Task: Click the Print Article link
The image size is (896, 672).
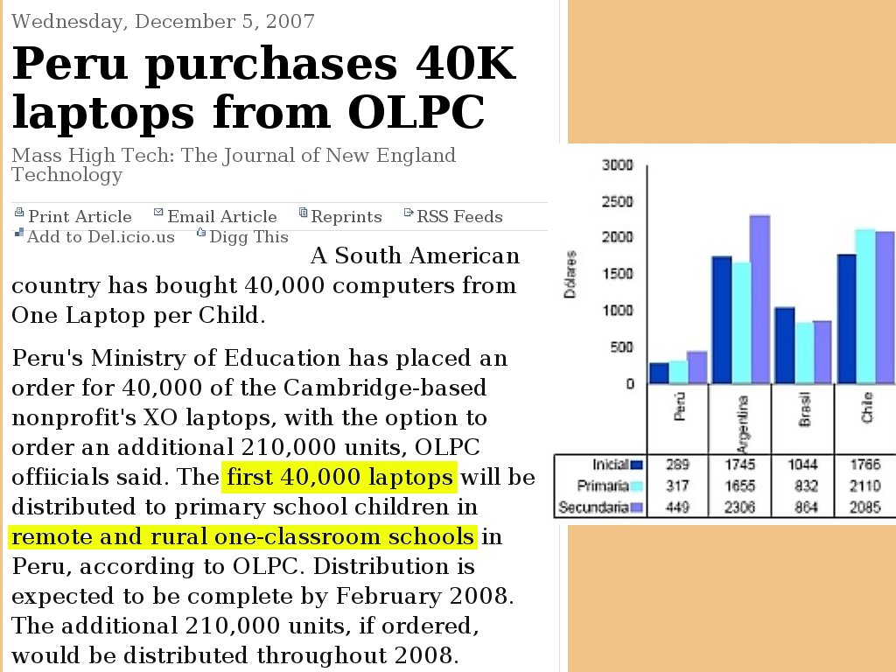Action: (73, 217)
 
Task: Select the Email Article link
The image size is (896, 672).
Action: (215, 217)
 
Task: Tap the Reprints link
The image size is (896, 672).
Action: (340, 217)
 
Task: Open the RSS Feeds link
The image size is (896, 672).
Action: (453, 217)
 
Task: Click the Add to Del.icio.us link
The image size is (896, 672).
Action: (94, 236)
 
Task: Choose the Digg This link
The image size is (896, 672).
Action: (242, 236)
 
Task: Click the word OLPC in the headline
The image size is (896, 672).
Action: (416, 112)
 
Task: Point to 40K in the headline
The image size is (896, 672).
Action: (465, 63)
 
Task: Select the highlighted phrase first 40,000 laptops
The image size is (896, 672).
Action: (339, 477)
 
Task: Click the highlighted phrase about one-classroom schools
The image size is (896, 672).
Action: (242, 536)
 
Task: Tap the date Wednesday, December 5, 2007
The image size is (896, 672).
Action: (163, 22)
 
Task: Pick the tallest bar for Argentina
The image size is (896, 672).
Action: (760, 299)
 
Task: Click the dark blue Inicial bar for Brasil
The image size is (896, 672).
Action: (785, 345)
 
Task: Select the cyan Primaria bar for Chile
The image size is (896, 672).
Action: (865, 306)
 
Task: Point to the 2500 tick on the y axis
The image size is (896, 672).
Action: (618, 202)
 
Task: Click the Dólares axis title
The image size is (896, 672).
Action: (570, 274)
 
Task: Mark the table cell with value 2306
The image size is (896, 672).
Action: (739, 507)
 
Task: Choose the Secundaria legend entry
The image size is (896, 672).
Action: (600, 507)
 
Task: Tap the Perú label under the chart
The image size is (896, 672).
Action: (679, 406)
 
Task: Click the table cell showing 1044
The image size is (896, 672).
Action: (803, 465)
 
